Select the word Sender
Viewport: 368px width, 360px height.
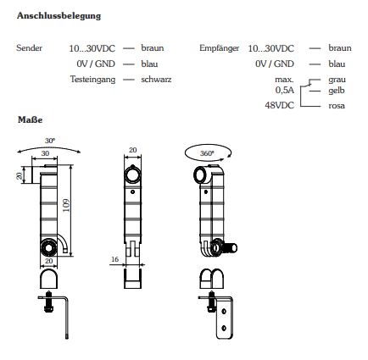pyautogui.click(x=29, y=49)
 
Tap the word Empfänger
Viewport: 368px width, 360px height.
pyautogui.click(x=216, y=49)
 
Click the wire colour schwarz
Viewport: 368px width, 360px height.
pyautogui.click(x=158, y=78)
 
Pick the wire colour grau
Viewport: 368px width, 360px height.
pyautogui.click(x=337, y=78)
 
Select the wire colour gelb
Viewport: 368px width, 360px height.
pyautogui.click(x=337, y=88)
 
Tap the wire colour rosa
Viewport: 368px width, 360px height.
pyautogui.click(x=337, y=106)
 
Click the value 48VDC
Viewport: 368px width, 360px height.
pyautogui.click(x=280, y=106)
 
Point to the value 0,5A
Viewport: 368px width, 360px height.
pyautogui.click(x=284, y=89)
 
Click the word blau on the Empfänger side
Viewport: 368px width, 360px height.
pyautogui.click(x=337, y=64)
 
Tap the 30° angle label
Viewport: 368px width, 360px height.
pyautogui.click(x=50, y=140)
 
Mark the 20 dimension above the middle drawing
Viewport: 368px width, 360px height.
pyautogui.click(x=131, y=149)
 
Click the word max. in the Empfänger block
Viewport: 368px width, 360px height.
pyautogui.click(x=285, y=79)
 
